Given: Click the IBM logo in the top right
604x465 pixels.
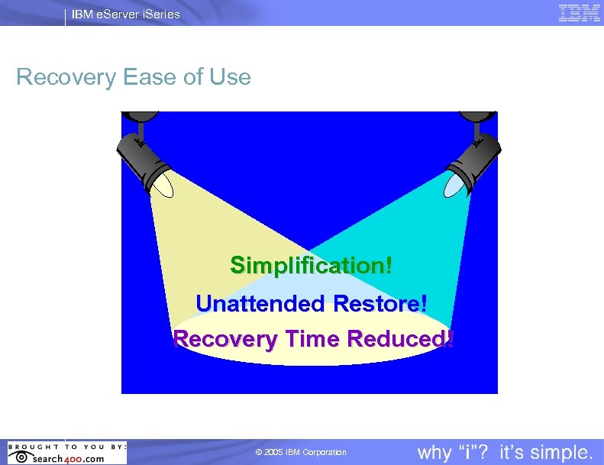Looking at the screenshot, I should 579,13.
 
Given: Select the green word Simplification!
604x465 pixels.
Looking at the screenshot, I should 312,266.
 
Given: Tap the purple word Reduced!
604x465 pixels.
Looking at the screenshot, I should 400,339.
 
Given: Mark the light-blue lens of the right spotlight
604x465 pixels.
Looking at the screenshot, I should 455,183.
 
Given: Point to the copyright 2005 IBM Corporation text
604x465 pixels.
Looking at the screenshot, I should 301,453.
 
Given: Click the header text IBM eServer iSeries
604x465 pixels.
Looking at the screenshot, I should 126,14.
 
